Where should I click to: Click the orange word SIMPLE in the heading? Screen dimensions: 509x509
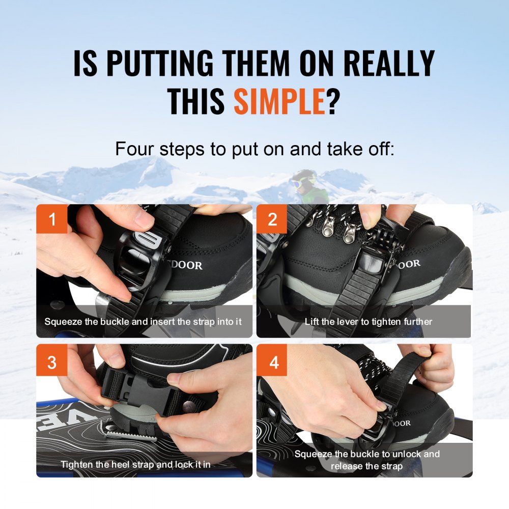280,101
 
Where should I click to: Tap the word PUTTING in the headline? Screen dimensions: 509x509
160,63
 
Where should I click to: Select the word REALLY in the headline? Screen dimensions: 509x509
389,63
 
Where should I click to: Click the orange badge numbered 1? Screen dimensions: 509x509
52,219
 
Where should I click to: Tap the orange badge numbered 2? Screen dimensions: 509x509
272,219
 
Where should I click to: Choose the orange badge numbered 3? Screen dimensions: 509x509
52,361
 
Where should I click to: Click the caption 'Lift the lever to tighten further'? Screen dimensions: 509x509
369,322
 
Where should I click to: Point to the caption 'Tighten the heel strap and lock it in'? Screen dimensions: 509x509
136,465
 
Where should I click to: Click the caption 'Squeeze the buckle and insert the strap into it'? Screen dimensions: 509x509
143,322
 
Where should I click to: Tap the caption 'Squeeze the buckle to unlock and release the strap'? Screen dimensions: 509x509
367,460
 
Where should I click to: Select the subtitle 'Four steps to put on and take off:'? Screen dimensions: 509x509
254,149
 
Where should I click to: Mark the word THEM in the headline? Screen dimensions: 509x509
256,63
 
